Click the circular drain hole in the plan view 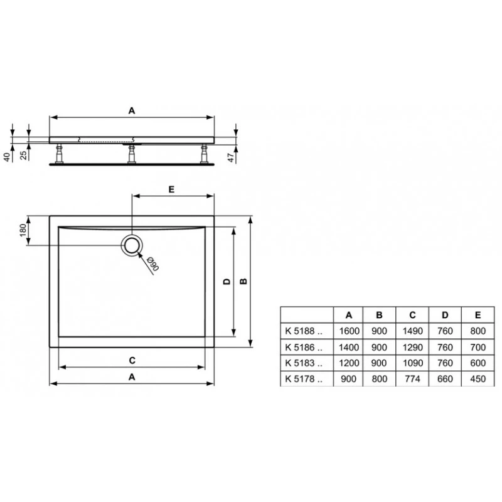pyautogui.click(x=132, y=245)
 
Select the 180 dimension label pyautogui.click(x=23, y=230)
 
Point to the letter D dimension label pyautogui.click(x=226, y=282)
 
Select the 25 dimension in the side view pyautogui.click(x=23, y=155)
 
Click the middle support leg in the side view pyautogui.click(x=132, y=153)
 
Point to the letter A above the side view pyautogui.click(x=132, y=110)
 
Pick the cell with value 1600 pyautogui.click(x=349, y=329)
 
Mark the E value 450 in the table pyautogui.click(x=478, y=378)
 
